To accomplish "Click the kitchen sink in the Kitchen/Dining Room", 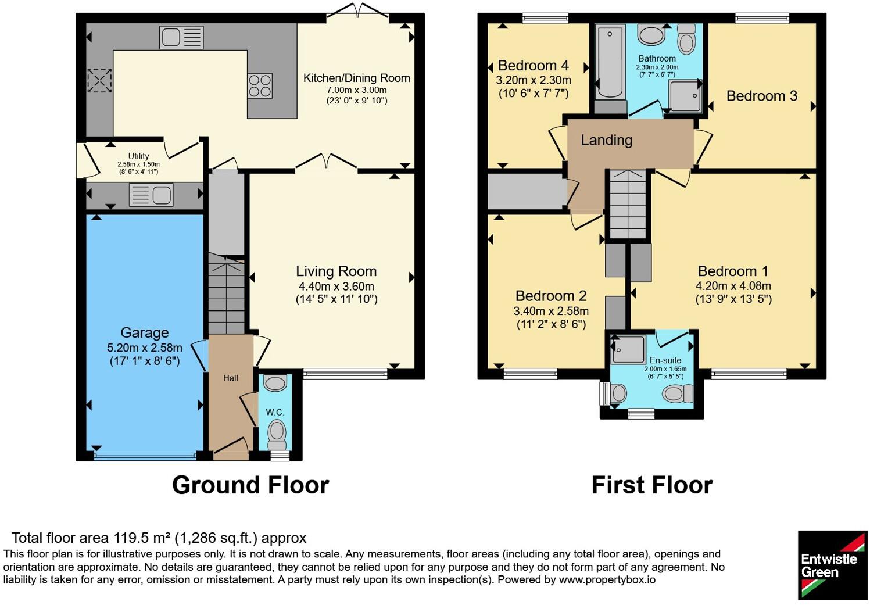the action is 181,37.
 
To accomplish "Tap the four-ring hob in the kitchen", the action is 260,86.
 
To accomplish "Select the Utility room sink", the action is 151,195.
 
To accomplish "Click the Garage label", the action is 145,333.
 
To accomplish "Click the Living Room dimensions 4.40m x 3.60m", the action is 336,287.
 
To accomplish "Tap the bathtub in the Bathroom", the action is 610,62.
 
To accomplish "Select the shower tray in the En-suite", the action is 628,349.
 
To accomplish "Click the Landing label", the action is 607,140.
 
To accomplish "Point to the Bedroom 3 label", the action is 762,96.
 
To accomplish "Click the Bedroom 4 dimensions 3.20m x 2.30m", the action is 534,80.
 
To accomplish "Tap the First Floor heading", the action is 652,485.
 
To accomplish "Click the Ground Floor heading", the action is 250,485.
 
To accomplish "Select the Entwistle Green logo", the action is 832,565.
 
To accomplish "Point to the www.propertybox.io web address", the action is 607,580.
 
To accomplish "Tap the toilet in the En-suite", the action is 678,394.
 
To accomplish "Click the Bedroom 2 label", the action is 551,296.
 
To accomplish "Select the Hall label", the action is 230,378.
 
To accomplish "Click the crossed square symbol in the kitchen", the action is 100,81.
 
